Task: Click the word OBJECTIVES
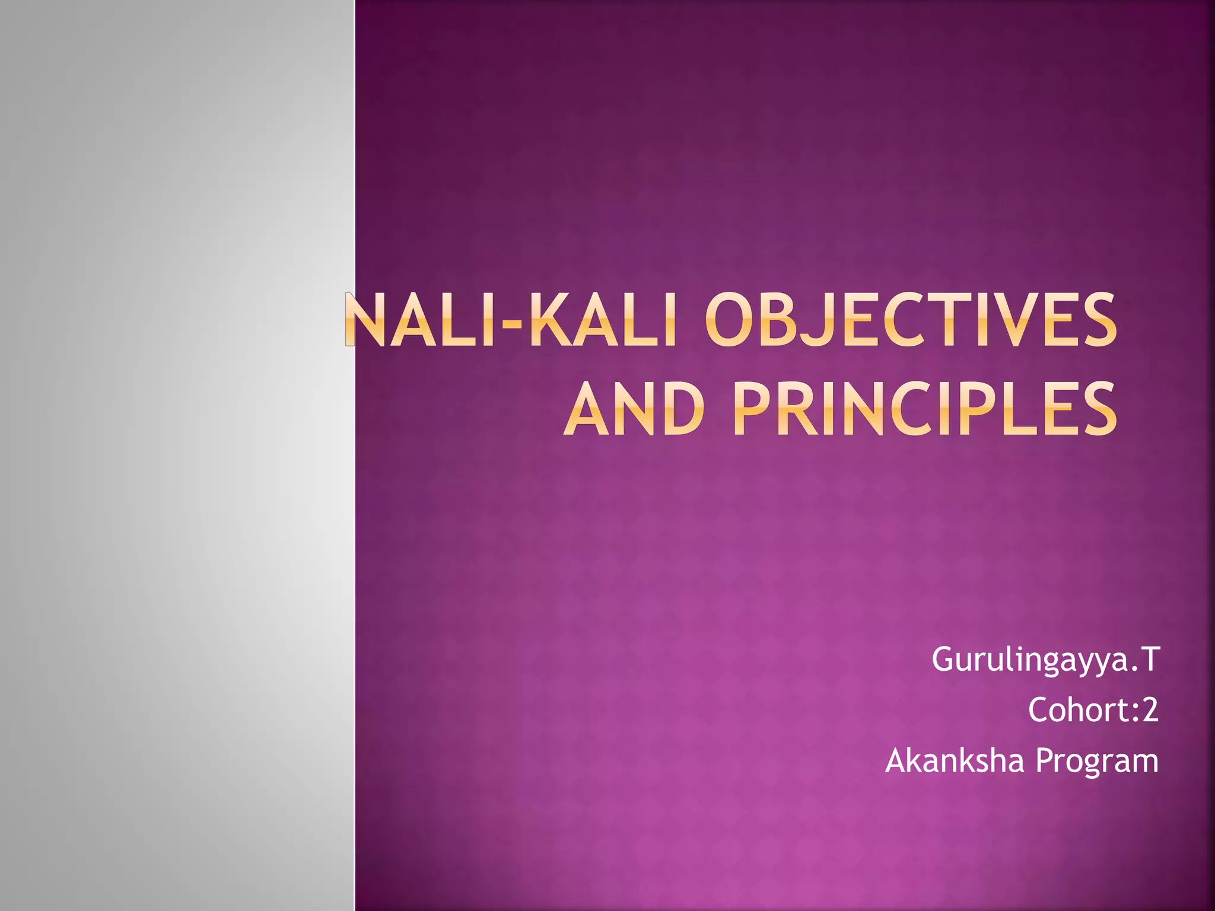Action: (911, 320)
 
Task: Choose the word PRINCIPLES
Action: (924, 409)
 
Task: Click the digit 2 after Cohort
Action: (1150, 709)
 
